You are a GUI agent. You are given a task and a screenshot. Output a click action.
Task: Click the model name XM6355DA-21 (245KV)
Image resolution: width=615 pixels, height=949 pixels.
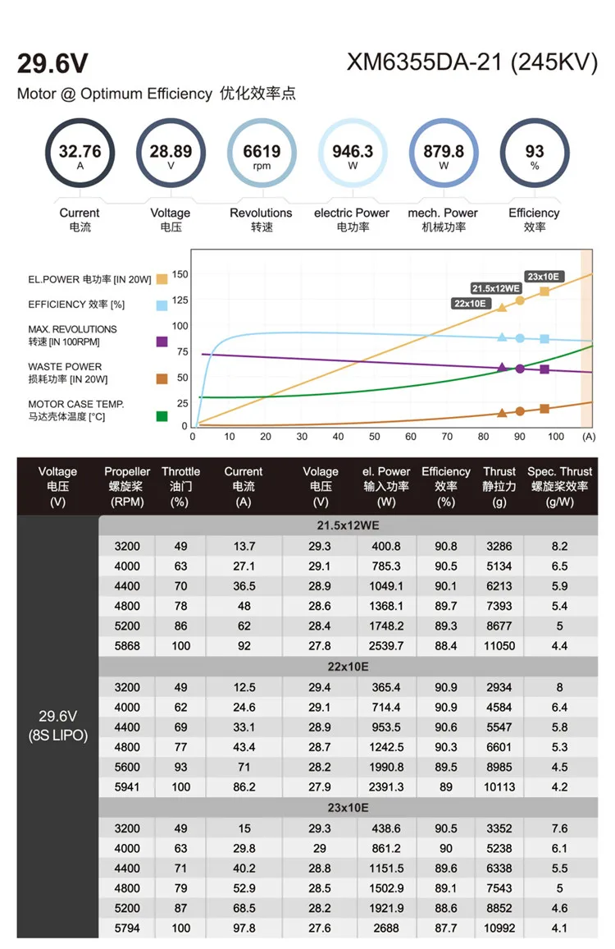[x=471, y=63]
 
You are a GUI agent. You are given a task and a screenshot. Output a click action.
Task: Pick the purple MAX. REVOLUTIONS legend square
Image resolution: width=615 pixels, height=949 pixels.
[x=162, y=341]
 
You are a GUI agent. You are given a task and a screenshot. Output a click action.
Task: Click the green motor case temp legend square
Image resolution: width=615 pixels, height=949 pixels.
[x=162, y=416]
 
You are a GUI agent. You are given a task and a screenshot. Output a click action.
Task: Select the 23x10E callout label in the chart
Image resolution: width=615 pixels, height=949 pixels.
[x=543, y=277]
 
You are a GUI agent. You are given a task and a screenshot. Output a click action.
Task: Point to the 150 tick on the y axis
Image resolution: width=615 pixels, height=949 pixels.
[x=180, y=274]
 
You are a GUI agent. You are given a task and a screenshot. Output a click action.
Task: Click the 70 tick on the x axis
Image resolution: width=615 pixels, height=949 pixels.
[x=447, y=437]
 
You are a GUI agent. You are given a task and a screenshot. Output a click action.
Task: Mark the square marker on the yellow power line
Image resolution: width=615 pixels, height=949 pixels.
[x=544, y=291]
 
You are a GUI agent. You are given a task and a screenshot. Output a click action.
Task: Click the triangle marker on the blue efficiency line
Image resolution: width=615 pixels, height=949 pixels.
[x=502, y=337]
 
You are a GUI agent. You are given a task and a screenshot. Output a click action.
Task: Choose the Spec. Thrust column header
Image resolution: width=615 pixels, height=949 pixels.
[x=559, y=485]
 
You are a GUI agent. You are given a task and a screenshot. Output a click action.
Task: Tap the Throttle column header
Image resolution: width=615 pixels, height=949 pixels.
[x=180, y=485]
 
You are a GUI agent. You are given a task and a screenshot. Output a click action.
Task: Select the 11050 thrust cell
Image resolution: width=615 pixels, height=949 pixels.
[x=499, y=646]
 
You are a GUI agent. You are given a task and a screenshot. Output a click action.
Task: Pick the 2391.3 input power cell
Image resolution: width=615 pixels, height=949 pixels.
[x=387, y=787]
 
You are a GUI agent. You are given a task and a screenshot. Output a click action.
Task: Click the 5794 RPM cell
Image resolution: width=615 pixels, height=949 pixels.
[x=127, y=928]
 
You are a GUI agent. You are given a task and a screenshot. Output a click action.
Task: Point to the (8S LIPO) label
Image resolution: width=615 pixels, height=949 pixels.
[x=57, y=736]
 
